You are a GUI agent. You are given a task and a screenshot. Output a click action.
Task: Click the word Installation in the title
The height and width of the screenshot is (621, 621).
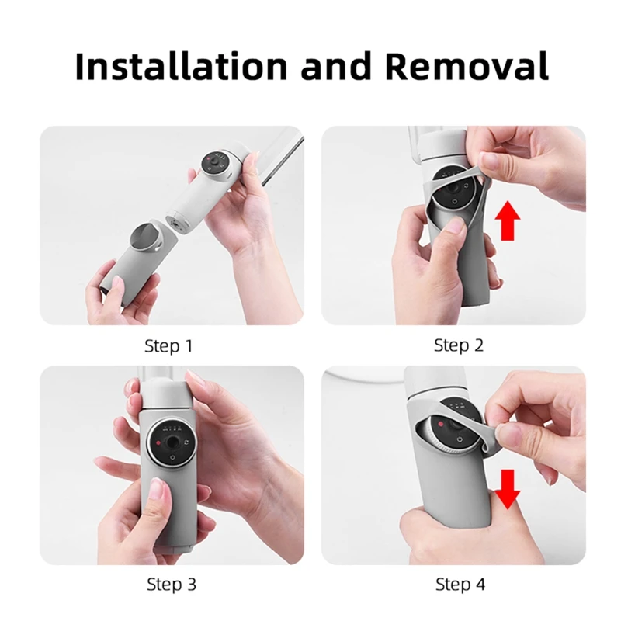click(181, 66)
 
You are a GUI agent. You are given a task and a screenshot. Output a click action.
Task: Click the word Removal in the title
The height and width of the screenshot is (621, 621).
click(467, 66)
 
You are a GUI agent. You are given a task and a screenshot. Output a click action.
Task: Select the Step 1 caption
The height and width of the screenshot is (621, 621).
click(168, 345)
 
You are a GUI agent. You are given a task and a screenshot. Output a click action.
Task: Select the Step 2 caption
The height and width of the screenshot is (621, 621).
click(459, 345)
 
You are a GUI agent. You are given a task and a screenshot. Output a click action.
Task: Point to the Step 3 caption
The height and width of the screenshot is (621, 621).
click(172, 585)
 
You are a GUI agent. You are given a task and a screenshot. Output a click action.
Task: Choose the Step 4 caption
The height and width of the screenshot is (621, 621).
click(460, 585)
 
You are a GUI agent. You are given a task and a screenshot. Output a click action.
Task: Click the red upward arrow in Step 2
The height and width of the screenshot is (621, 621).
click(508, 220)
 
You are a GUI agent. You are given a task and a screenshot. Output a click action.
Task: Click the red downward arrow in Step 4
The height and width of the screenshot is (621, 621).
click(508, 489)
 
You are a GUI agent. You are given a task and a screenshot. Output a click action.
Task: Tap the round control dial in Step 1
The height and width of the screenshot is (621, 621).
click(215, 163)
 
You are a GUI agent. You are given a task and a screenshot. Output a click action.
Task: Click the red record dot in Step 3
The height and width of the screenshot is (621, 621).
click(158, 443)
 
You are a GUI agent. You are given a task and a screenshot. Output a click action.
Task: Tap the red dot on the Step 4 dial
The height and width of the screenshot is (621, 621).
click(440, 424)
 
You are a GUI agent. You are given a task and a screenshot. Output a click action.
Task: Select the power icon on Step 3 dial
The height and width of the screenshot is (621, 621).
click(172, 457)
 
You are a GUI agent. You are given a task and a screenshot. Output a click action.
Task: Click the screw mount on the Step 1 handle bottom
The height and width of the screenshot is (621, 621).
click(175, 226)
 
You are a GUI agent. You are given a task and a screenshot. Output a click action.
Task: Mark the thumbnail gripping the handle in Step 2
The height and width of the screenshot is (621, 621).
click(456, 227)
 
